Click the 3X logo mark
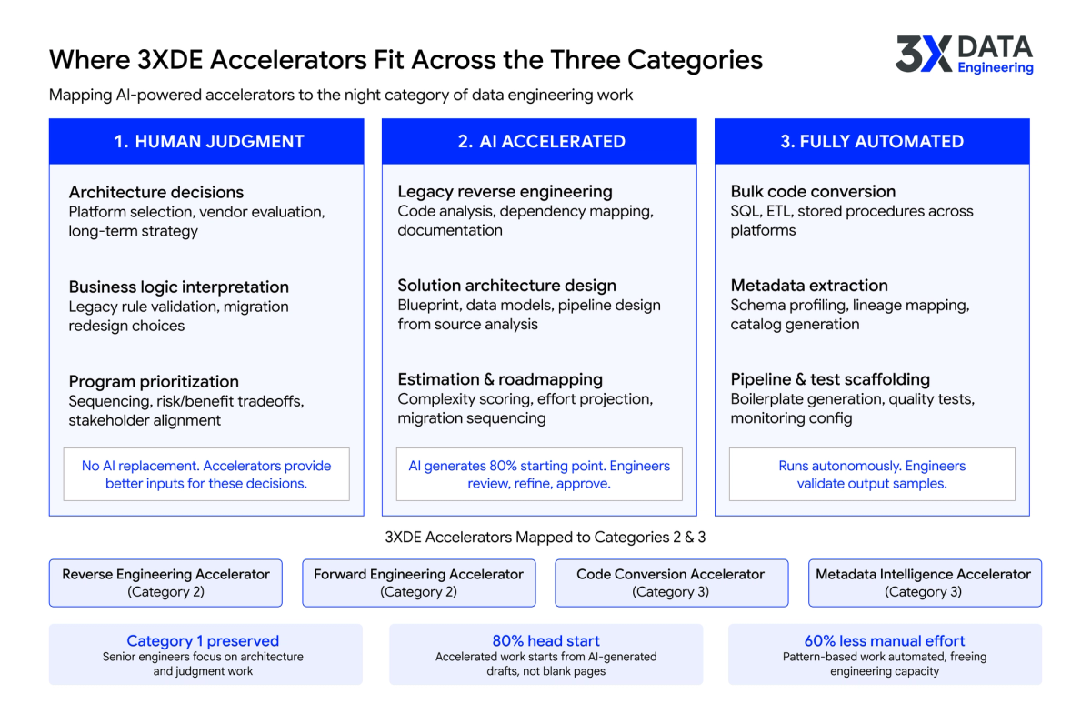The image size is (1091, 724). pos(923,55)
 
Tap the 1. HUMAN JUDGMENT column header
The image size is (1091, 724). pos(208,141)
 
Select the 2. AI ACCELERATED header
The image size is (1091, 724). pos(540,141)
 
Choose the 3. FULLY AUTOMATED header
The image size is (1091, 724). pos(872,141)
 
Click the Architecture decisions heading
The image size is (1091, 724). pos(156,192)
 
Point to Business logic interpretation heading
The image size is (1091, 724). pos(179,287)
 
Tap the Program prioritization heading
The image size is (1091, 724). pos(154,381)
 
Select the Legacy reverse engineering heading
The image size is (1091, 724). pos(505,191)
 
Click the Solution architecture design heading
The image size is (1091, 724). pos(506,286)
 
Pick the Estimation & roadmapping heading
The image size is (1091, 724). pos(500,379)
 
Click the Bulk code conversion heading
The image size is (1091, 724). pos(813,191)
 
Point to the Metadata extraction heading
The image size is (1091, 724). pos(809,286)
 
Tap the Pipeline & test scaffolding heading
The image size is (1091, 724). pos(830,379)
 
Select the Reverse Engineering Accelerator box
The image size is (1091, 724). pos(165,583)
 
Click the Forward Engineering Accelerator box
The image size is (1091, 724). pos(418,583)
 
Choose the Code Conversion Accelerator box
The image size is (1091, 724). pos(671,583)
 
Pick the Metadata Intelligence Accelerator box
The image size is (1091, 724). pos(924,583)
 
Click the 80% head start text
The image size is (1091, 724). pos(545,641)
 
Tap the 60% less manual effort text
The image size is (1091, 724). pos(885,641)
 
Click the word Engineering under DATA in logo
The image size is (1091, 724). pos(996,67)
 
